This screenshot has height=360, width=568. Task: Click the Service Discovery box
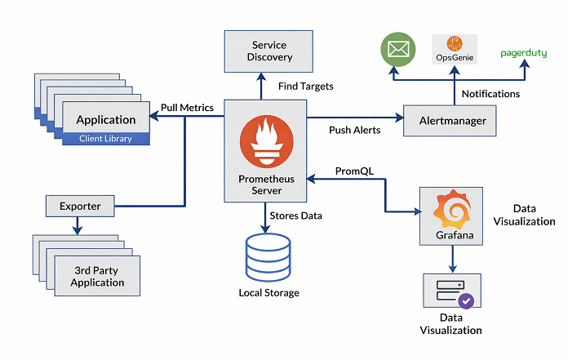point(269,51)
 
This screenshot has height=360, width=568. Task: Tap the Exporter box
point(80,207)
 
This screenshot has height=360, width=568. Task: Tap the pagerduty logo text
point(524,54)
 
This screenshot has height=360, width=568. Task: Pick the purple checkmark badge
point(466,300)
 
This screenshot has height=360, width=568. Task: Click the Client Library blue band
point(105,139)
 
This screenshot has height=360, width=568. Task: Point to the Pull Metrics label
point(187,107)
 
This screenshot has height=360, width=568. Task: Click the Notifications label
point(490,94)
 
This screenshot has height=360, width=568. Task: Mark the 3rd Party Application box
point(97,277)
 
